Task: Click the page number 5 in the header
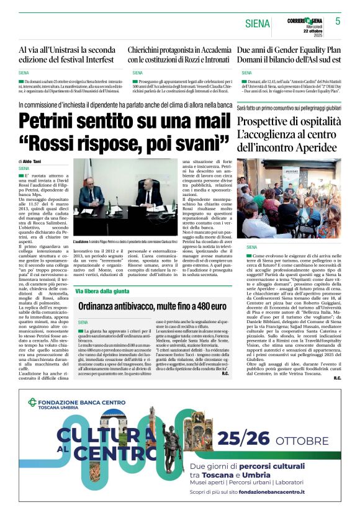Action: [338, 21]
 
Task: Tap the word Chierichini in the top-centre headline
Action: [151, 50]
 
